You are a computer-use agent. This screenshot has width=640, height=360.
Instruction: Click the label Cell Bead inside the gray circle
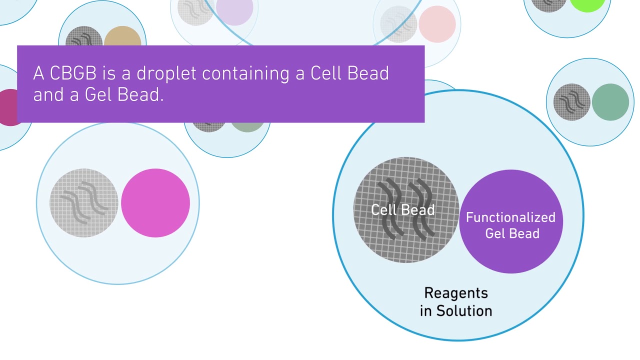coord(402,209)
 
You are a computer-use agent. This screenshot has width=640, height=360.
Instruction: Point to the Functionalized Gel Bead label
coord(510,225)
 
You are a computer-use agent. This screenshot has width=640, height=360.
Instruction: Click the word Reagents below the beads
coord(455,292)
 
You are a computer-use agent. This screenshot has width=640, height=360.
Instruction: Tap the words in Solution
coord(455,310)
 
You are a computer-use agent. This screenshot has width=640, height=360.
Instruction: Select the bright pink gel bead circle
coord(155,202)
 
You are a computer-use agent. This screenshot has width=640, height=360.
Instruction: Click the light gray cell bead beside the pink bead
coord(84,202)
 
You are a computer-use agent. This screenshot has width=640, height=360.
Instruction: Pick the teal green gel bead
coord(610,102)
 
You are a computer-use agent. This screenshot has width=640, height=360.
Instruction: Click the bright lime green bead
coord(587,4)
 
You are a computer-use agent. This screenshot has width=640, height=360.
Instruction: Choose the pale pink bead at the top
coord(437,23)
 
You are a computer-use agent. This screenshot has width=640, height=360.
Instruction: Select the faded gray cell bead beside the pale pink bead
coord(398,23)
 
